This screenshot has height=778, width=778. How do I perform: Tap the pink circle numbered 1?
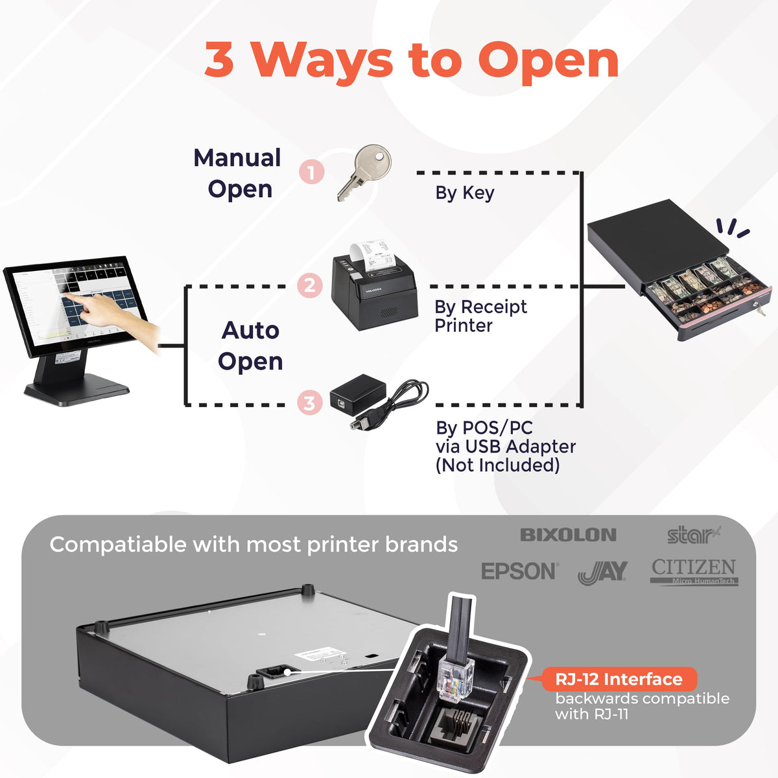point(311,172)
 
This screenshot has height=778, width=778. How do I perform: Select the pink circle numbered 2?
point(310,286)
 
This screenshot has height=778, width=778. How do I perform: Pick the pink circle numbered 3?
point(310,403)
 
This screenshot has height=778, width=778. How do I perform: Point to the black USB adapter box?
point(358,394)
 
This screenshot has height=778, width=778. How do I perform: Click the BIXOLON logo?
point(568,535)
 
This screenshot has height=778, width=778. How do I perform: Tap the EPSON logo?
point(519,571)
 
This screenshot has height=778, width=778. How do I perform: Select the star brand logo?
point(694,536)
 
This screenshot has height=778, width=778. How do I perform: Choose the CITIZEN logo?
point(694,572)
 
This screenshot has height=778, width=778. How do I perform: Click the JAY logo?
point(603,572)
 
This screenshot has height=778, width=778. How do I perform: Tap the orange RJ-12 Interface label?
point(619,679)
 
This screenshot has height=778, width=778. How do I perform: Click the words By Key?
point(464,193)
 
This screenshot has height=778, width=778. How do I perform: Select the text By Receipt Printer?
point(480,316)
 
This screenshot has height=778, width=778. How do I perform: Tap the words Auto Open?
point(250,346)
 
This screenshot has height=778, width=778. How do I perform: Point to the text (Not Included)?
point(497,465)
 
